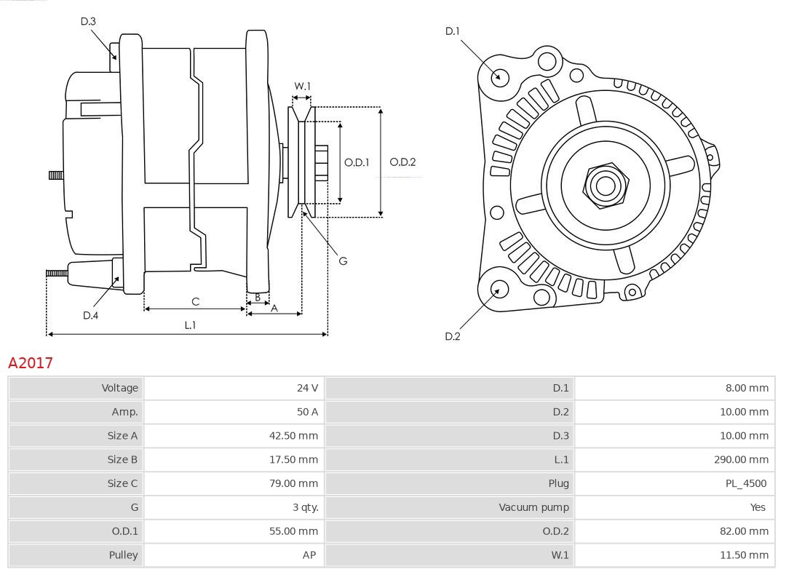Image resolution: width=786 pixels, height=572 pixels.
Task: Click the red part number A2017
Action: coord(31,362)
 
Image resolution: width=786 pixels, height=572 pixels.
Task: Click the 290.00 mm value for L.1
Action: coord(741,459)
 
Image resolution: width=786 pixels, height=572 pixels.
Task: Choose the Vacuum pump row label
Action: coord(533,507)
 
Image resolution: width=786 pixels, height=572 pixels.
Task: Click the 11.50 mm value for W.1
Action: coord(744,555)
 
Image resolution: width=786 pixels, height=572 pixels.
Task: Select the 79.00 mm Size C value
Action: coord(293,483)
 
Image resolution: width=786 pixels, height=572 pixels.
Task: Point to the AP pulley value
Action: coord(309,555)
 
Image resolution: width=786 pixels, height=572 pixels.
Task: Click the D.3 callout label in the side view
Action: coord(88,22)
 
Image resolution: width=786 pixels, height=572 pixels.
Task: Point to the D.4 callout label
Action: coord(90,315)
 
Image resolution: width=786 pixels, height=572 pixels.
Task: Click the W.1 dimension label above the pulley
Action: coord(302,86)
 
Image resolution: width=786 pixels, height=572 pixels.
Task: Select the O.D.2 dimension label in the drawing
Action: coord(402,162)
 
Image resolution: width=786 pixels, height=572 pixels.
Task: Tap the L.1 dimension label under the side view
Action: coord(189,325)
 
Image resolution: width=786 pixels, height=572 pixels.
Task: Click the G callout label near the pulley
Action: coord(343,261)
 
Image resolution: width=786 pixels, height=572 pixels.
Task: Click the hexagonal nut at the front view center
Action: coord(605,185)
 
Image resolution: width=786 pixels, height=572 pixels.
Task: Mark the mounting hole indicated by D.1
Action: coord(500,76)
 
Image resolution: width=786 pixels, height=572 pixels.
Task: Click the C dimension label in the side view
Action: coord(195,301)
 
